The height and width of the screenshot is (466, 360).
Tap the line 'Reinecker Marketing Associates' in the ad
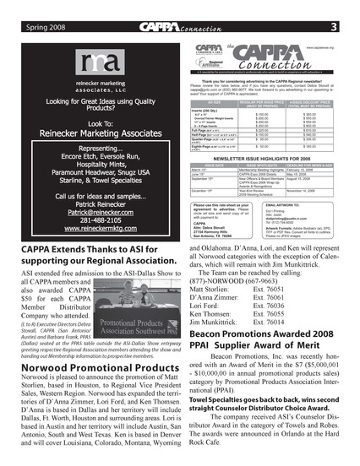(95, 133)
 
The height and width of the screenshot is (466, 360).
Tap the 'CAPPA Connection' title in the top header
(180, 8)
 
